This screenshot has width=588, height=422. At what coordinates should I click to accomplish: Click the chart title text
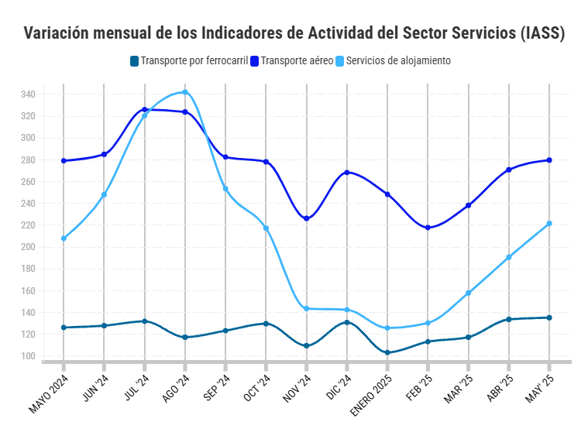[x=294, y=33]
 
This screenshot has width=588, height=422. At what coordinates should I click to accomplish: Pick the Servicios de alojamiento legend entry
[x=398, y=60]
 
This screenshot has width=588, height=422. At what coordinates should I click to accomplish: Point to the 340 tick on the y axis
[x=28, y=94]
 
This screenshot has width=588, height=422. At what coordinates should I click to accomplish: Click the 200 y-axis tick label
[x=28, y=248]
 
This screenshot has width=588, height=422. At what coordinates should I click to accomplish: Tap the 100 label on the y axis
[x=28, y=357]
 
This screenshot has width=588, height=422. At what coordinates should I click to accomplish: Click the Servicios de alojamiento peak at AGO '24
[x=185, y=92]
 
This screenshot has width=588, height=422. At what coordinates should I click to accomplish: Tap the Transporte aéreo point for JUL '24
[x=145, y=110]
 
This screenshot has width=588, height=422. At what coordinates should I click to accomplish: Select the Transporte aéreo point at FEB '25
[x=428, y=228]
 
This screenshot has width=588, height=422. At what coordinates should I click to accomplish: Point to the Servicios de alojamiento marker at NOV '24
[x=307, y=309]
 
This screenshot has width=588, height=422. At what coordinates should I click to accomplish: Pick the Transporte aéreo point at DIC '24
[x=347, y=173]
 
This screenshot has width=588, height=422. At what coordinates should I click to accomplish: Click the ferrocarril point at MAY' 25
[x=549, y=317]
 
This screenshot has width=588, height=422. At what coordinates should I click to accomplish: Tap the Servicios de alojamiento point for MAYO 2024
[x=64, y=238]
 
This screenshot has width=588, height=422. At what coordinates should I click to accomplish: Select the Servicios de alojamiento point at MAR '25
[x=469, y=293]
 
